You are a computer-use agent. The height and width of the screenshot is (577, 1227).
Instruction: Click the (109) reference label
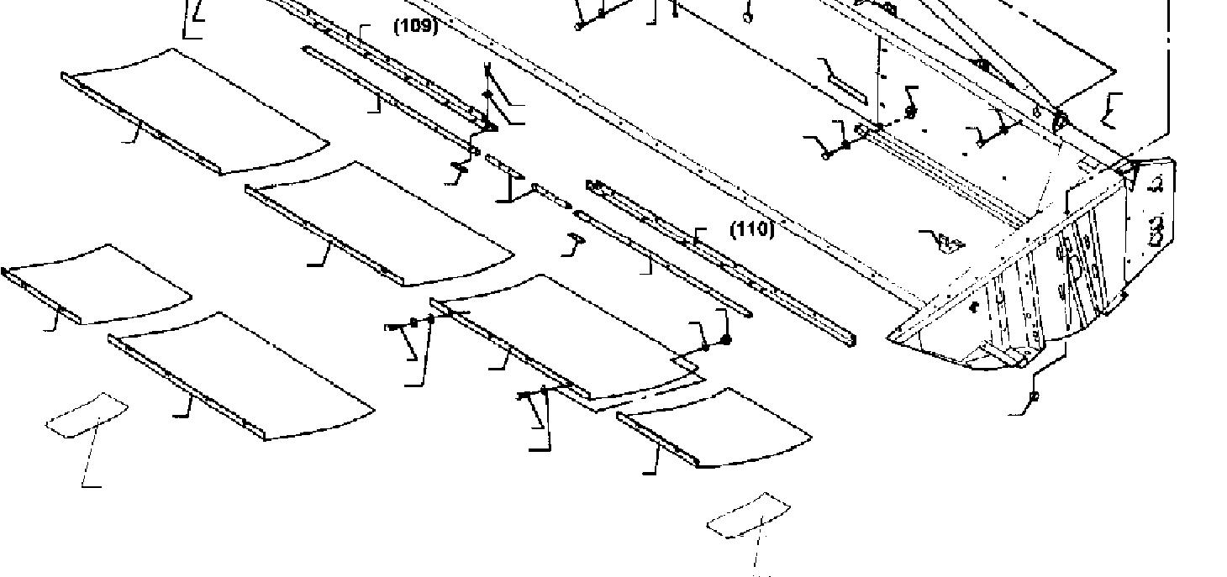click(x=416, y=26)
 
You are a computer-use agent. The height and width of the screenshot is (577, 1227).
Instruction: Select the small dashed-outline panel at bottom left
click(x=87, y=415)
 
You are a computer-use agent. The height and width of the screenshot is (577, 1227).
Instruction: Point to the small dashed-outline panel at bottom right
click(x=749, y=514)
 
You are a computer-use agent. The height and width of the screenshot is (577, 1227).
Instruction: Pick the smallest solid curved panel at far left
click(x=97, y=283)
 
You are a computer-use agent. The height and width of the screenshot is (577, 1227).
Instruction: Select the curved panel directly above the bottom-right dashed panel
click(x=714, y=427)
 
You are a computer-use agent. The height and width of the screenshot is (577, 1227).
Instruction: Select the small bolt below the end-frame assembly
click(x=1034, y=396)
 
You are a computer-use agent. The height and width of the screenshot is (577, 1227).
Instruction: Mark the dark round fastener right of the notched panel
click(x=725, y=340)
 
